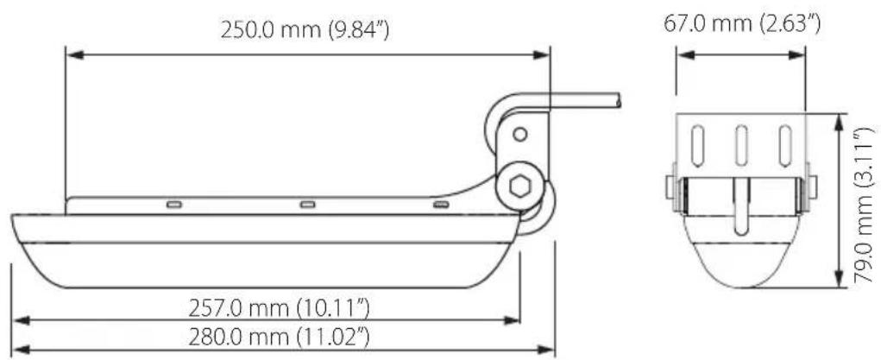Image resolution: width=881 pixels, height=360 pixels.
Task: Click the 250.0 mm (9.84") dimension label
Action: click(x=305, y=30)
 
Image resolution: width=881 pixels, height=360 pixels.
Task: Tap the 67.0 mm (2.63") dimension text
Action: click(x=742, y=24)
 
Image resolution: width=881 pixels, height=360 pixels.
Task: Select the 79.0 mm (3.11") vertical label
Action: click(x=864, y=205)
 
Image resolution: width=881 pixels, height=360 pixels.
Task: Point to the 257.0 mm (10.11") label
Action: click(x=280, y=308)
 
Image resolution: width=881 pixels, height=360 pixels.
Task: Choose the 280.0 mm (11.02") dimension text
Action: click(x=280, y=338)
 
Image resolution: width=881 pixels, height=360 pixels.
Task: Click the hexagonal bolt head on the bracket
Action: click(x=519, y=186)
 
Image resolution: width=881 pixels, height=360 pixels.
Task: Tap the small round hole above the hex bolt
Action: click(x=520, y=135)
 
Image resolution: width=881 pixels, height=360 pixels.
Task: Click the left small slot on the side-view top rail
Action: click(x=174, y=205)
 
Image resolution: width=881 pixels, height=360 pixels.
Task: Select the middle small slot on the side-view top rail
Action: click(x=307, y=205)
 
